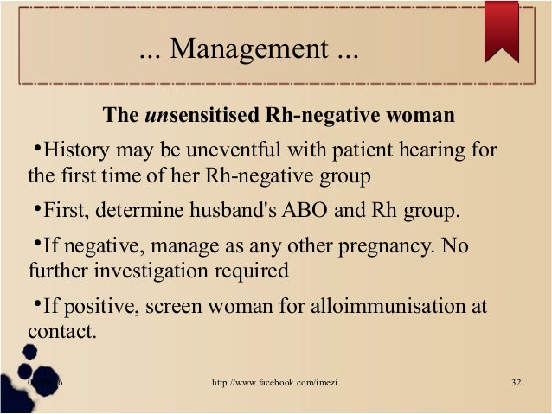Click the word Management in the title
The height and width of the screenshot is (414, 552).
247,50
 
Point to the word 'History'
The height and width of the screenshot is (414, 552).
74,150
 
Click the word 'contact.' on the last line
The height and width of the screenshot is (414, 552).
61,331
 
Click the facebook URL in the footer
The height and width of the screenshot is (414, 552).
274,383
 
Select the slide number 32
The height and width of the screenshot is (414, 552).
517,383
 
